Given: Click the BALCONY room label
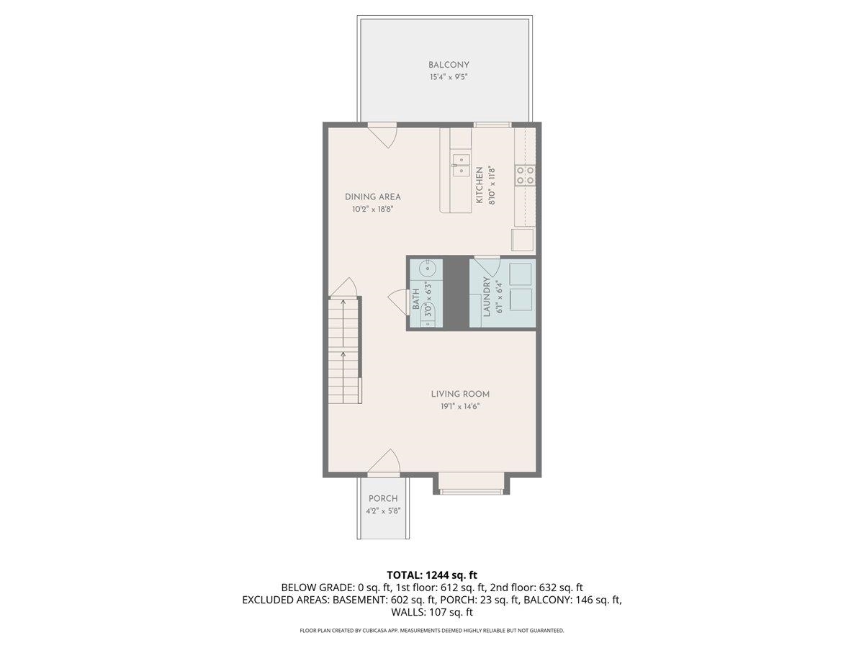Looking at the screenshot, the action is [x=449, y=65].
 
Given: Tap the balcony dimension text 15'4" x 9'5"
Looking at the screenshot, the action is [x=449, y=77].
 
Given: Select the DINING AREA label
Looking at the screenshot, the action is [x=373, y=197].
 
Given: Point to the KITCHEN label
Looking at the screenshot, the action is [x=479, y=185].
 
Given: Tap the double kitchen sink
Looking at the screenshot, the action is [x=461, y=166].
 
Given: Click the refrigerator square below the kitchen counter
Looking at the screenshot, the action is [x=522, y=240].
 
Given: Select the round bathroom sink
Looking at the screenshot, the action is [x=427, y=269].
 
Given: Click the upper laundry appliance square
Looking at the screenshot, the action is [x=521, y=274].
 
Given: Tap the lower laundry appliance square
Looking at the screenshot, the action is [x=521, y=300].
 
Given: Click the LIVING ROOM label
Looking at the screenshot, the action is [x=460, y=394].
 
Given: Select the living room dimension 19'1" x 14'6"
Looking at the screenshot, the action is [x=460, y=406].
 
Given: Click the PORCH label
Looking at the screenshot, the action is [x=383, y=498].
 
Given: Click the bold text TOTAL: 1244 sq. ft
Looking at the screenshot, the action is [x=432, y=575].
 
